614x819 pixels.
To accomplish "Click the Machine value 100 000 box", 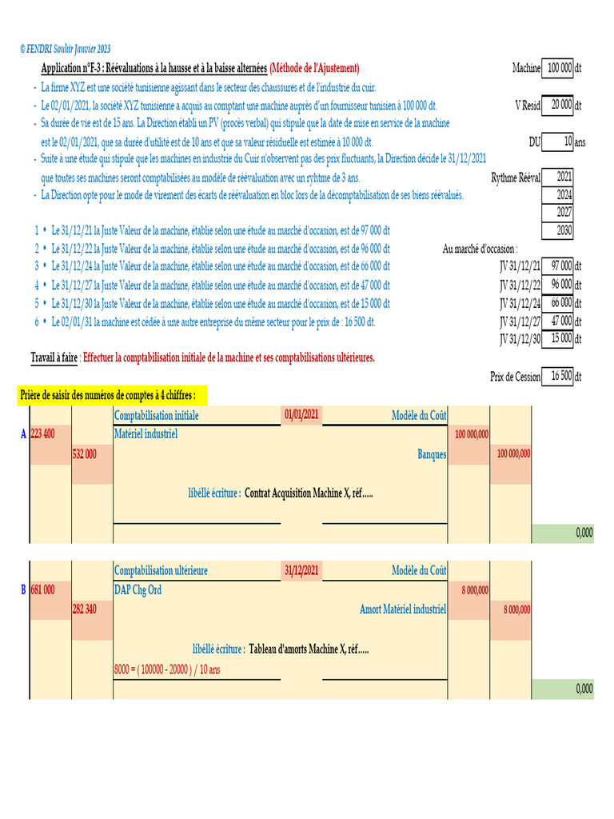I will pyautogui.click(x=559, y=69).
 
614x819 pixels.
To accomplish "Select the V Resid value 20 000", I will pyautogui.click(x=559, y=105).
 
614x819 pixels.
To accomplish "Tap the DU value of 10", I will pyautogui.click(x=559, y=142).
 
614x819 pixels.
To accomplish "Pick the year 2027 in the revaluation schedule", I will pyautogui.click(x=559, y=213).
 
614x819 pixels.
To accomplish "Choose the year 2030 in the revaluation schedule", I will pyautogui.click(x=559, y=230).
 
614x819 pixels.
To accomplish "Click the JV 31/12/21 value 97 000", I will pyautogui.click(x=559, y=266).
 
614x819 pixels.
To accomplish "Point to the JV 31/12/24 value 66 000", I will pyautogui.click(x=559, y=302).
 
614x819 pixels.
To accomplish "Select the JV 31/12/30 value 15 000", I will pyautogui.click(x=559, y=338).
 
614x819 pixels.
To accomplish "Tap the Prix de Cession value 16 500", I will pyautogui.click(x=559, y=376).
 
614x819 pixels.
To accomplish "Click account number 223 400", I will pyautogui.click(x=43, y=433).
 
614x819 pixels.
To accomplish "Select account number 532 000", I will pyautogui.click(x=85, y=453).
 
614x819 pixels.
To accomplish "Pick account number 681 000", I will pyautogui.click(x=43, y=589).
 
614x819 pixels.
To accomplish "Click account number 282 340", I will pyautogui.click(x=85, y=609).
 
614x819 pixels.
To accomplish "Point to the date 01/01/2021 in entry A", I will pyautogui.click(x=301, y=415).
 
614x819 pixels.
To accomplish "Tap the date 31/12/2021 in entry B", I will pyautogui.click(x=301, y=570).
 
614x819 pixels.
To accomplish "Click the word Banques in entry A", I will pyautogui.click(x=432, y=453).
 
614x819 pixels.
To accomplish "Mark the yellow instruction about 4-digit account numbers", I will pyautogui.click(x=113, y=395).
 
